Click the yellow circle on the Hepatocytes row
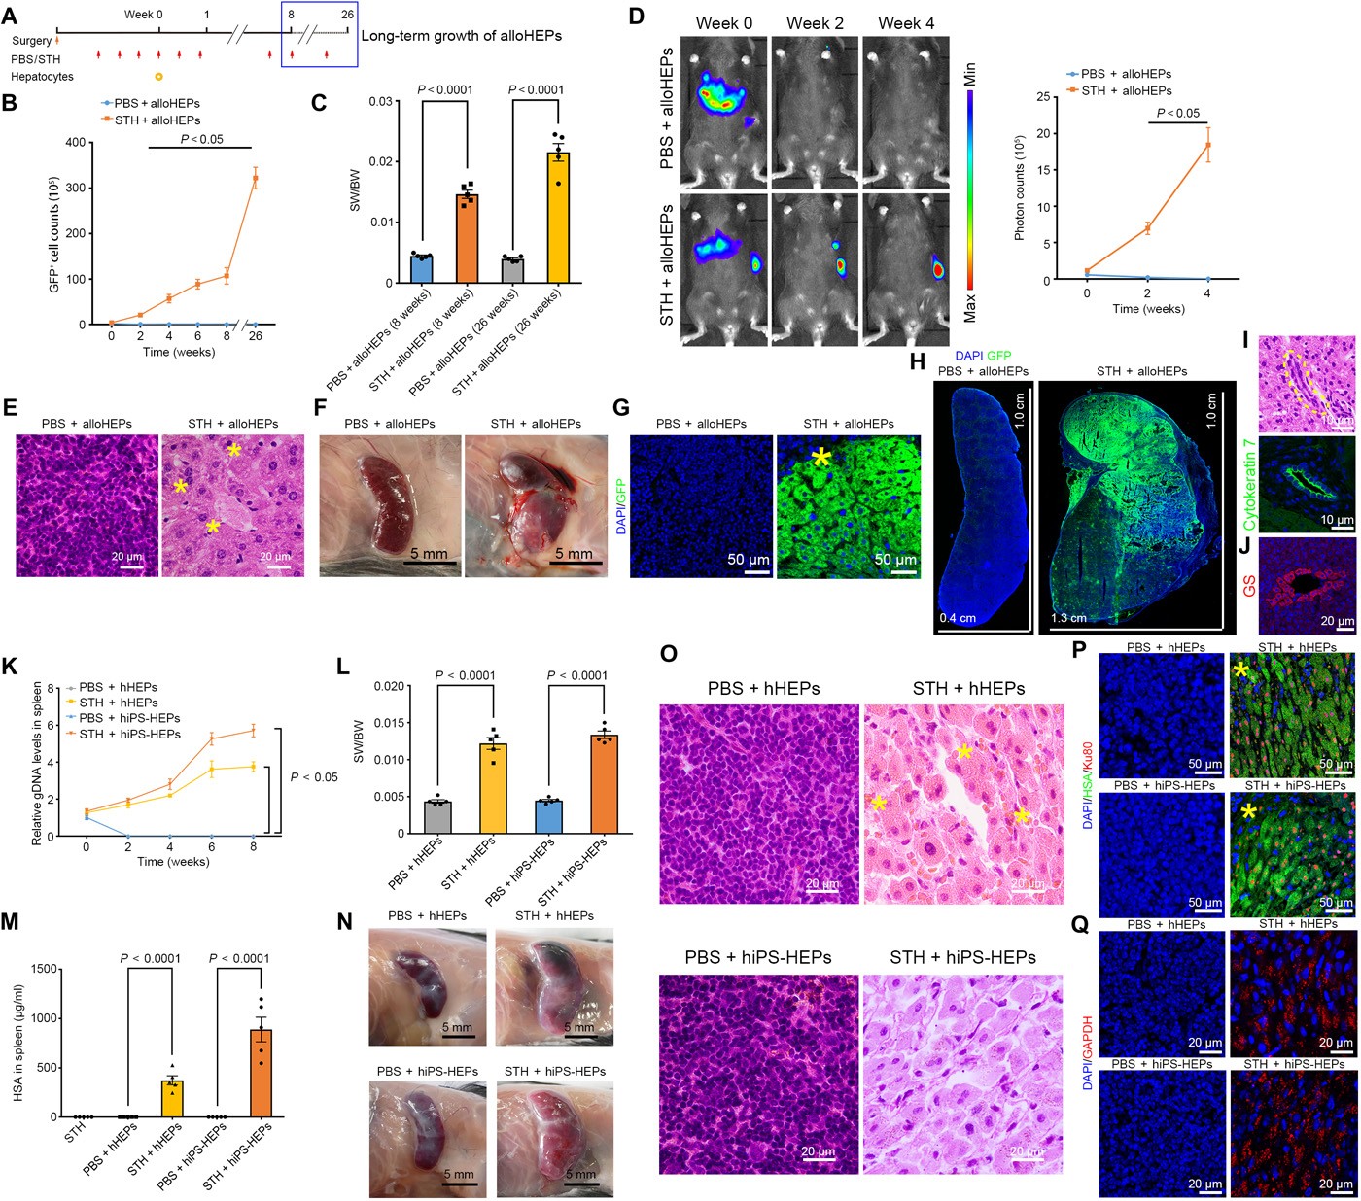tap(159, 76)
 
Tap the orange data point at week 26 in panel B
tap(256, 177)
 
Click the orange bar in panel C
tap(468, 238)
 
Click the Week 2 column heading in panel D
tap(815, 23)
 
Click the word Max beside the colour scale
tap(970, 308)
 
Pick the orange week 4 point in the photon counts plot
tap(1207, 145)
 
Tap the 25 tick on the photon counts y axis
tap(1041, 97)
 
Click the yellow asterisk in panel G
tap(821, 459)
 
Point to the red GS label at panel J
tap(1249, 585)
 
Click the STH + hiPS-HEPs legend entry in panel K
tap(129, 734)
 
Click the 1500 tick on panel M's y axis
tap(39, 969)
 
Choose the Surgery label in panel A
tap(31, 41)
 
